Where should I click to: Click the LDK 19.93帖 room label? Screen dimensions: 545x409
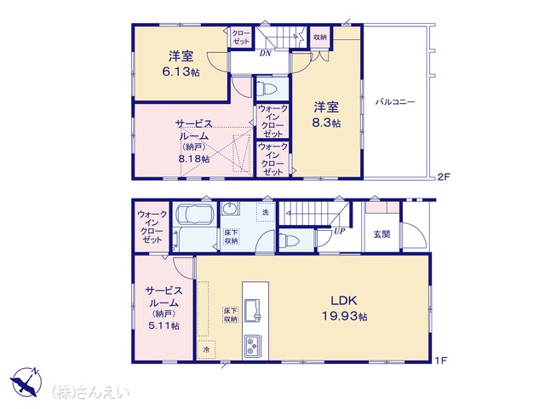tap(344, 308)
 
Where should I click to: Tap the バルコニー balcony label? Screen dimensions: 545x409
tap(395, 102)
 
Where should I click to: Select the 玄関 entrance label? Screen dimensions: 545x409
tap(381, 234)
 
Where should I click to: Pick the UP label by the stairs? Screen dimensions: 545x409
tap(339, 231)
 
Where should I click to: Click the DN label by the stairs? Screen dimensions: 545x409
tap(265, 54)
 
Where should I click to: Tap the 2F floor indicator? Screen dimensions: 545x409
tap(444, 176)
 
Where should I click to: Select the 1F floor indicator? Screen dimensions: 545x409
tap(441, 360)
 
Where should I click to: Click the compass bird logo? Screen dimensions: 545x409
tap(26, 382)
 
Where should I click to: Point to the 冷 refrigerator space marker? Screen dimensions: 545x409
tap(206, 349)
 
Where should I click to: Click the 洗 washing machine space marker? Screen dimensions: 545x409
tap(266, 212)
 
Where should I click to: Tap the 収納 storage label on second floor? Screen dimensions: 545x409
tap(320, 37)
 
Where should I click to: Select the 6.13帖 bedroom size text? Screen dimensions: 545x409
tap(181, 72)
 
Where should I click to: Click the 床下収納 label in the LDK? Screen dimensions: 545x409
tap(231, 315)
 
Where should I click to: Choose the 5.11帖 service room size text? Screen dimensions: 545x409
tap(163, 325)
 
